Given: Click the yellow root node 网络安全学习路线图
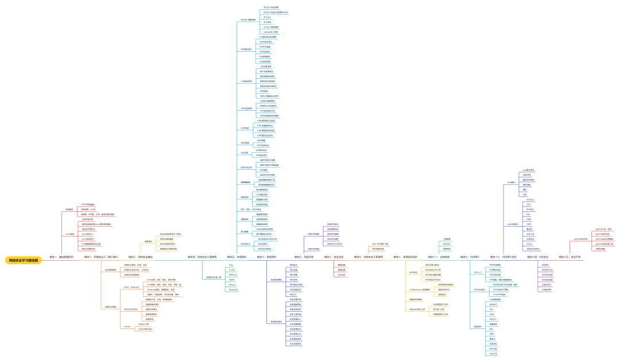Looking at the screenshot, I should pos(24,260).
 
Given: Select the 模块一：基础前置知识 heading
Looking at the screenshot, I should pos(61,257).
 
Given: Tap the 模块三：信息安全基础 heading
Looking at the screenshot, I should pos(141,257).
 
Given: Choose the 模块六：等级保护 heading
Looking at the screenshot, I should pos(267,257).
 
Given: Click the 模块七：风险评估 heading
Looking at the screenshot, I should pos(304,257).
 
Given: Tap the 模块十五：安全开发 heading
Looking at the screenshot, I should pos(570,257).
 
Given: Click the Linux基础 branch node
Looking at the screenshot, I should pos(70,234).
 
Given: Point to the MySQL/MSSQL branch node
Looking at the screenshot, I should pos(132,309).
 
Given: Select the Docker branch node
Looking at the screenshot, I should pos(127,326).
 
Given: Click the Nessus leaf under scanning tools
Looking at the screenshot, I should pos(232,284).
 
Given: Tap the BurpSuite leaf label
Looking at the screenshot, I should pos(233,289).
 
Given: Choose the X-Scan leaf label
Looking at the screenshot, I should pos(232,269).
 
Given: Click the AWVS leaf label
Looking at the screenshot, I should pos(231,280).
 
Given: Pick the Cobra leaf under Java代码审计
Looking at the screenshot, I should pos(529,243).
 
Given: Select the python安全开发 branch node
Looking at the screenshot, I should pos(580,239).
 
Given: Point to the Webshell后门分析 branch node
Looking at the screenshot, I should pos(417,309).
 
